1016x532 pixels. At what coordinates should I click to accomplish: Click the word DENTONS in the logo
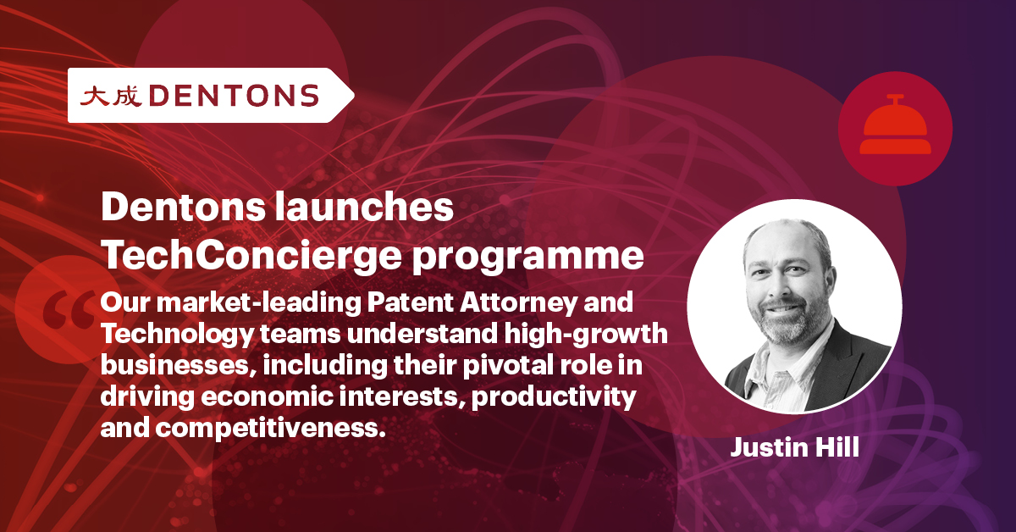point(236,96)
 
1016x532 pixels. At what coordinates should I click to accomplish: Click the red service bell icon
point(894,130)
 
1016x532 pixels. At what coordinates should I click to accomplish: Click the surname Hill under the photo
point(834,447)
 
